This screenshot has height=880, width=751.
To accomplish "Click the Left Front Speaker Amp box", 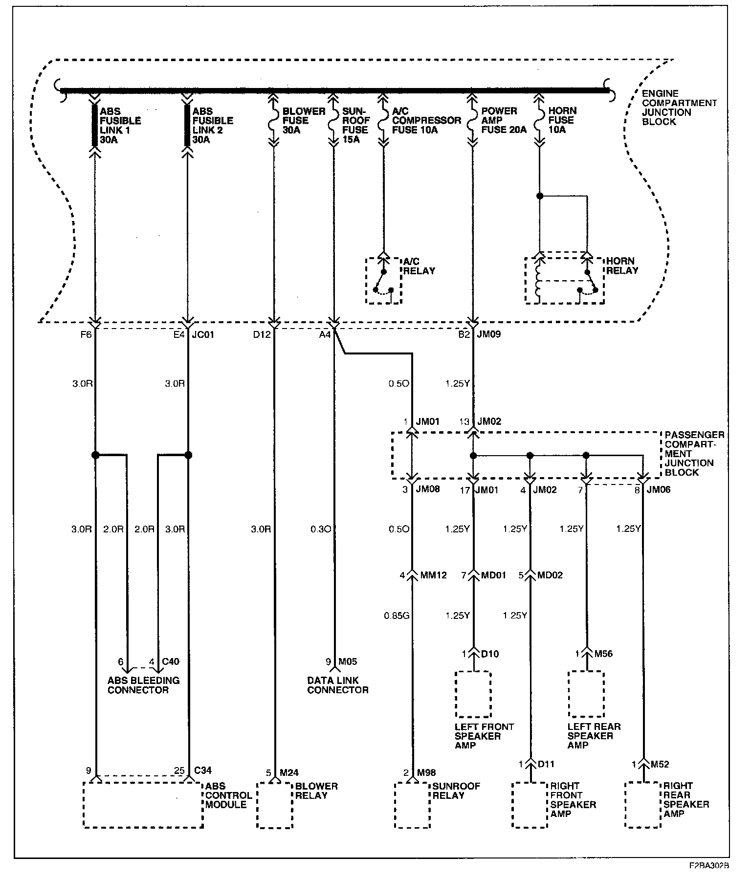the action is [473, 672].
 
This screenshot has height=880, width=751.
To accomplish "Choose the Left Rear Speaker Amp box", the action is [586, 672].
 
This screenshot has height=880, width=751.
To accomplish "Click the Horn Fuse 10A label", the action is [562, 120].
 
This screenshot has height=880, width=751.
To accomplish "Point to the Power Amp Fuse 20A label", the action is [504, 120].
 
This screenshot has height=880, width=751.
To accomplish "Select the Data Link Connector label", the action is [338, 685].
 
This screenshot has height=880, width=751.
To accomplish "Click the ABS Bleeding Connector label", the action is [144, 685].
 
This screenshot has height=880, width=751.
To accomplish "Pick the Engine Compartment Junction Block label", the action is [679, 108].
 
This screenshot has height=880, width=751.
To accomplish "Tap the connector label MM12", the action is [434, 575].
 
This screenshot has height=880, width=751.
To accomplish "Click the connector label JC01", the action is [203, 335].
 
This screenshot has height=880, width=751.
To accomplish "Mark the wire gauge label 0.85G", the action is [397, 616].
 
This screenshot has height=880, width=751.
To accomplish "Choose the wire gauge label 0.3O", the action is [321, 529].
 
